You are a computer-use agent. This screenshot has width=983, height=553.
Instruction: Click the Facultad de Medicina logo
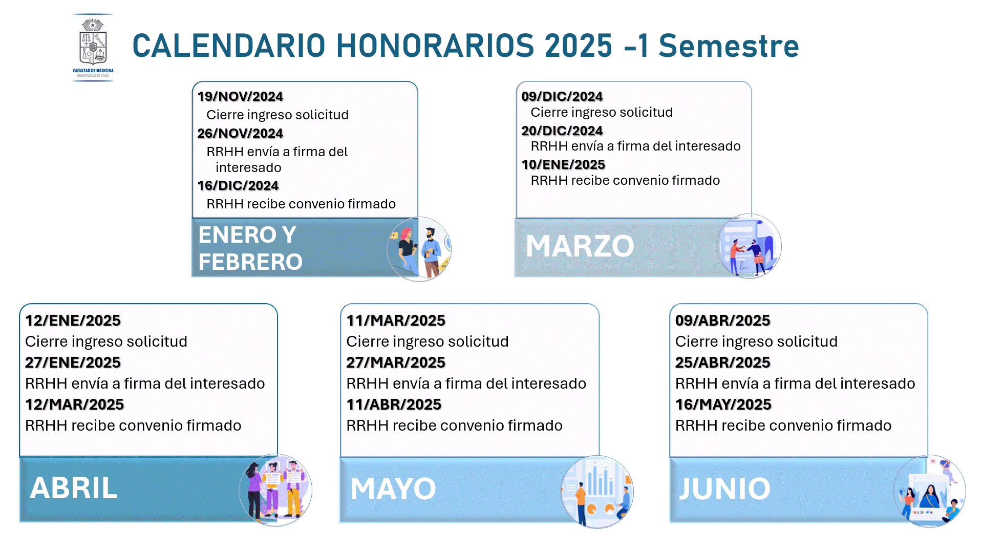pos(93,48)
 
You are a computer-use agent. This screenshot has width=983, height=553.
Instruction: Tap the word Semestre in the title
pos(729,46)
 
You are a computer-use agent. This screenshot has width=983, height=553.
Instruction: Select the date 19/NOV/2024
pos(240,96)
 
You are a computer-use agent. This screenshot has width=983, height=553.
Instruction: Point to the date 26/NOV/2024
pos(240,133)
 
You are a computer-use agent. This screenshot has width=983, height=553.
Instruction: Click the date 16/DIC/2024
pos(238,185)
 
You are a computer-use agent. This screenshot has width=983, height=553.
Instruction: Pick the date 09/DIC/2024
pos(562,96)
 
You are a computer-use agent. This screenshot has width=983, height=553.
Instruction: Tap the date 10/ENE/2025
pos(563,164)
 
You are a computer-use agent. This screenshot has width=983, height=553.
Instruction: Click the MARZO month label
pos(580,246)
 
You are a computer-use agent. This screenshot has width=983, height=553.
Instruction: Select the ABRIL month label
pos(74,488)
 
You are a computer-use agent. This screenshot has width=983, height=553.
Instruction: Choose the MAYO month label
pos(393,488)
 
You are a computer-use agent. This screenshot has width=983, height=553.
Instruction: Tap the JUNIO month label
pos(724,488)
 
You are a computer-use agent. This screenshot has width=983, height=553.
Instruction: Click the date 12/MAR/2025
pos(75,405)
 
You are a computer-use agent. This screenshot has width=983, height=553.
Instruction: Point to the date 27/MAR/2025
pos(396,363)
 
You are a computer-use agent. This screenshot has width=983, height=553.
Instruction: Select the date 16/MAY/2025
pos(723,405)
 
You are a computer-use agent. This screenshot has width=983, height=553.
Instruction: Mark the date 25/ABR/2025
pos(723,363)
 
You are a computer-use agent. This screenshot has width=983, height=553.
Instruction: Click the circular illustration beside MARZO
pos(749,246)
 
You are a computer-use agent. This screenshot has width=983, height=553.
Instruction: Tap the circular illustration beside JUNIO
pos(929,491)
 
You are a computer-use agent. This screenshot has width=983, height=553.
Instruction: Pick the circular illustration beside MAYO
pos(597,492)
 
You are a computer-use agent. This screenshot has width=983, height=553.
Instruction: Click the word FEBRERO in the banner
pos(250,262)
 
